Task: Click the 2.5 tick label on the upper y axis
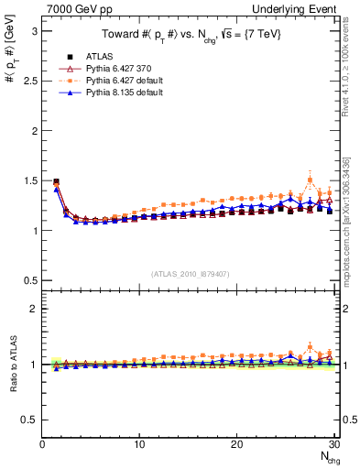[x=28, y=81]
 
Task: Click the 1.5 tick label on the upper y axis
[x=28, y=180]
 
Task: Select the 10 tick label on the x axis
[x=139, y=444]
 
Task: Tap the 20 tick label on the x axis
[x=236, y=444]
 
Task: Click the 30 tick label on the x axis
[x=333, y=444]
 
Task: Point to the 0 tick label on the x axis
[x=42, y=444]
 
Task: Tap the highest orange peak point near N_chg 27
[x=310, y=180]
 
